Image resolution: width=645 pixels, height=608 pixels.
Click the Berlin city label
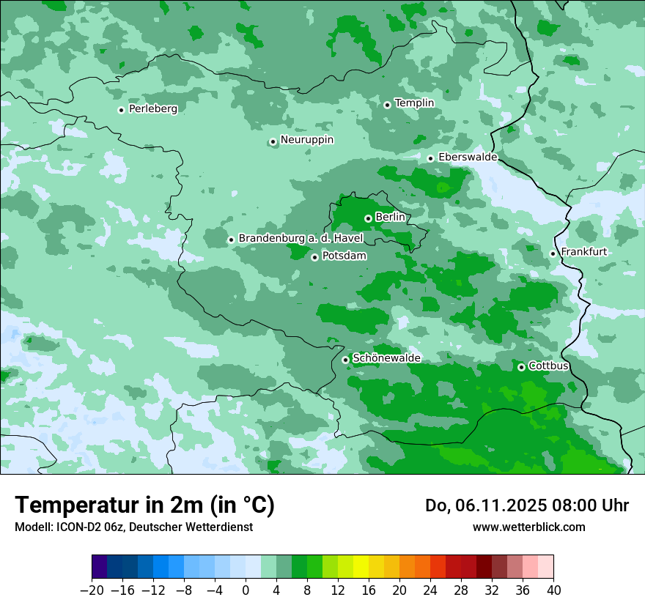click(x=390, y=217)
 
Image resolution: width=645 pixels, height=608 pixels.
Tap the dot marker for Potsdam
click(x=314, y=257)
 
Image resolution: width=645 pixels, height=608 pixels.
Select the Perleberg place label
click(x=152, y=108)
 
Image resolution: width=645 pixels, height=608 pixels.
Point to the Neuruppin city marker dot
click(x=273, y=142)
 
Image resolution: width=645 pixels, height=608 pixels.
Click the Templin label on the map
click(x=414, y=103)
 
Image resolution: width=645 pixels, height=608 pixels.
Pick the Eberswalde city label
click(x=468, y=157)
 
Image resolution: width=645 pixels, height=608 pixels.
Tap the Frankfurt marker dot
click(x=553, y=254)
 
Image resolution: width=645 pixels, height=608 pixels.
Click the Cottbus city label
click(x=548, y=366)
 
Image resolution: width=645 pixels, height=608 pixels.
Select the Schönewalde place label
click(x=386, y=358)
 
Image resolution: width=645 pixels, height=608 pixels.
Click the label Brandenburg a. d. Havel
click(x=301, y=238)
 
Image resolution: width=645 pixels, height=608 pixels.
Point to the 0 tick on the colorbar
click(x=246, y=590)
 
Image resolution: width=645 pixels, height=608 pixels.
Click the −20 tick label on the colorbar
click(x=92, y=590)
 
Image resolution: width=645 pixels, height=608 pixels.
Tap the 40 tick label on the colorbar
click(x=553, y=590)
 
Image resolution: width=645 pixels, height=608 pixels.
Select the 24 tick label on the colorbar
click(x=430, y=590)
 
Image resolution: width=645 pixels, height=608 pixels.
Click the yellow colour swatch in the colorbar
click(x=361, y=567)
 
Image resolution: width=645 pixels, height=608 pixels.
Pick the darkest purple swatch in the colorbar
click(x=100, y=567)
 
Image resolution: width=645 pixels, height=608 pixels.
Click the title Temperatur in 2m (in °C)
click(x=144, y=505)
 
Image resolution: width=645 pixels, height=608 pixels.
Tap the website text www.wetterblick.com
click(x=528, y=527)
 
